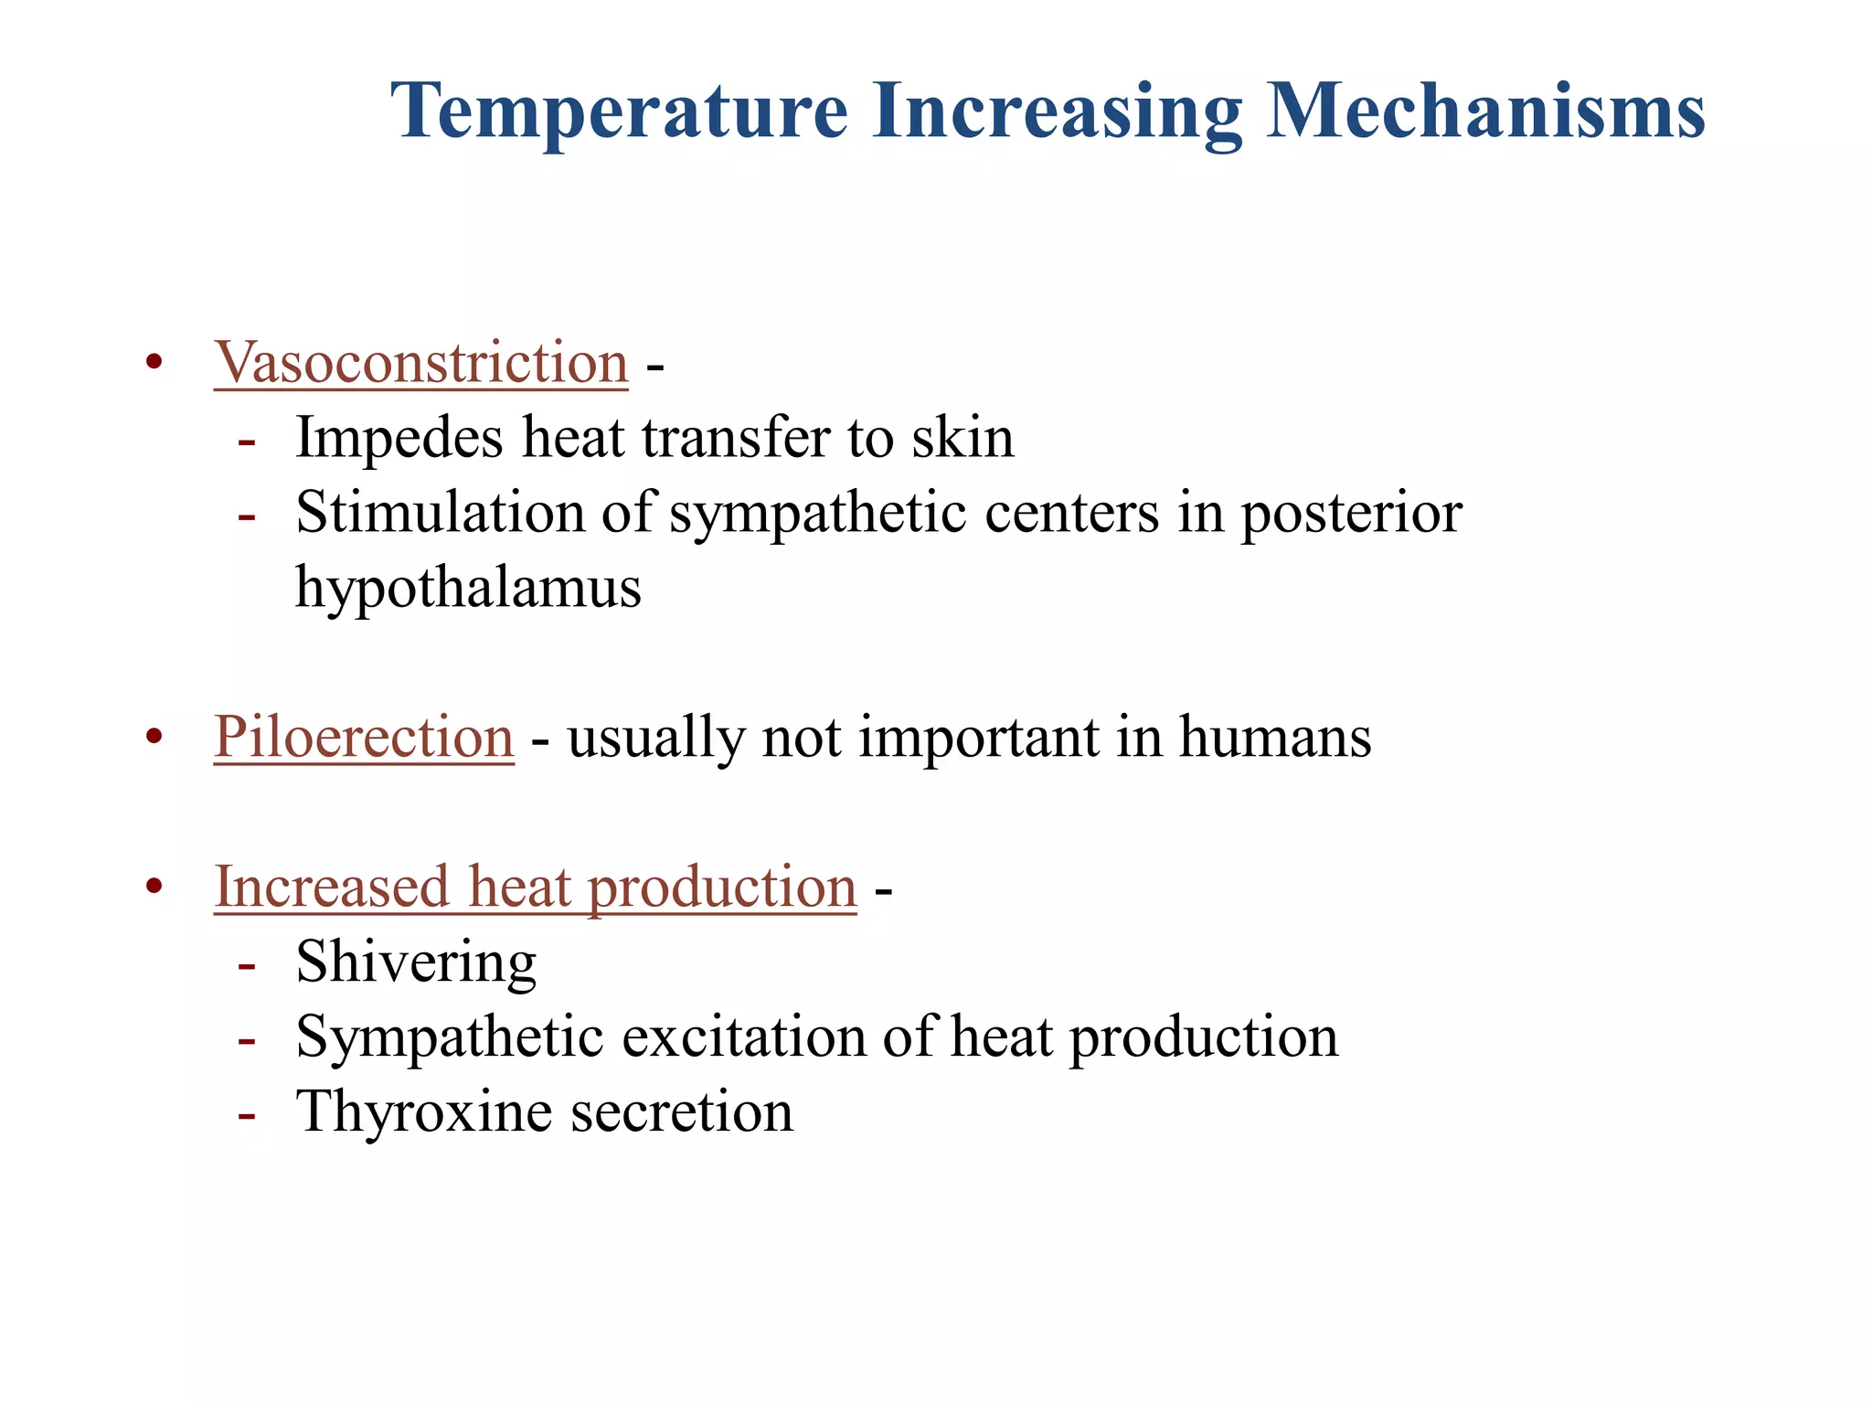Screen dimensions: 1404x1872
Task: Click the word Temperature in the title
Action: coord(620,111)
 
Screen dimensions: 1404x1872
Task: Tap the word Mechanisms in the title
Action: coord(1484,111)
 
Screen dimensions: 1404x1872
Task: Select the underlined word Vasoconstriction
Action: coord(421,362)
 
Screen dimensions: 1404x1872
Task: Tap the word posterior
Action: coord(1350,514)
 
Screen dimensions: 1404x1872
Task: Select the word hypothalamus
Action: coord(468,589)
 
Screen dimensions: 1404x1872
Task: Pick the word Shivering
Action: coord(416,963)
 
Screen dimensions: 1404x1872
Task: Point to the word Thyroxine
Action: coord(424,1112)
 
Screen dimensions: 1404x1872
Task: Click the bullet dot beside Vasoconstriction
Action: coord(154,362)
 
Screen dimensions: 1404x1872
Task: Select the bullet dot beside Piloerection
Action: coord(154,736)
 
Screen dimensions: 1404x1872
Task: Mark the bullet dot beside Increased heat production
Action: coord(154,886)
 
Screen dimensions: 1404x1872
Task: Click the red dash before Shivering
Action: coord(246,964)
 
